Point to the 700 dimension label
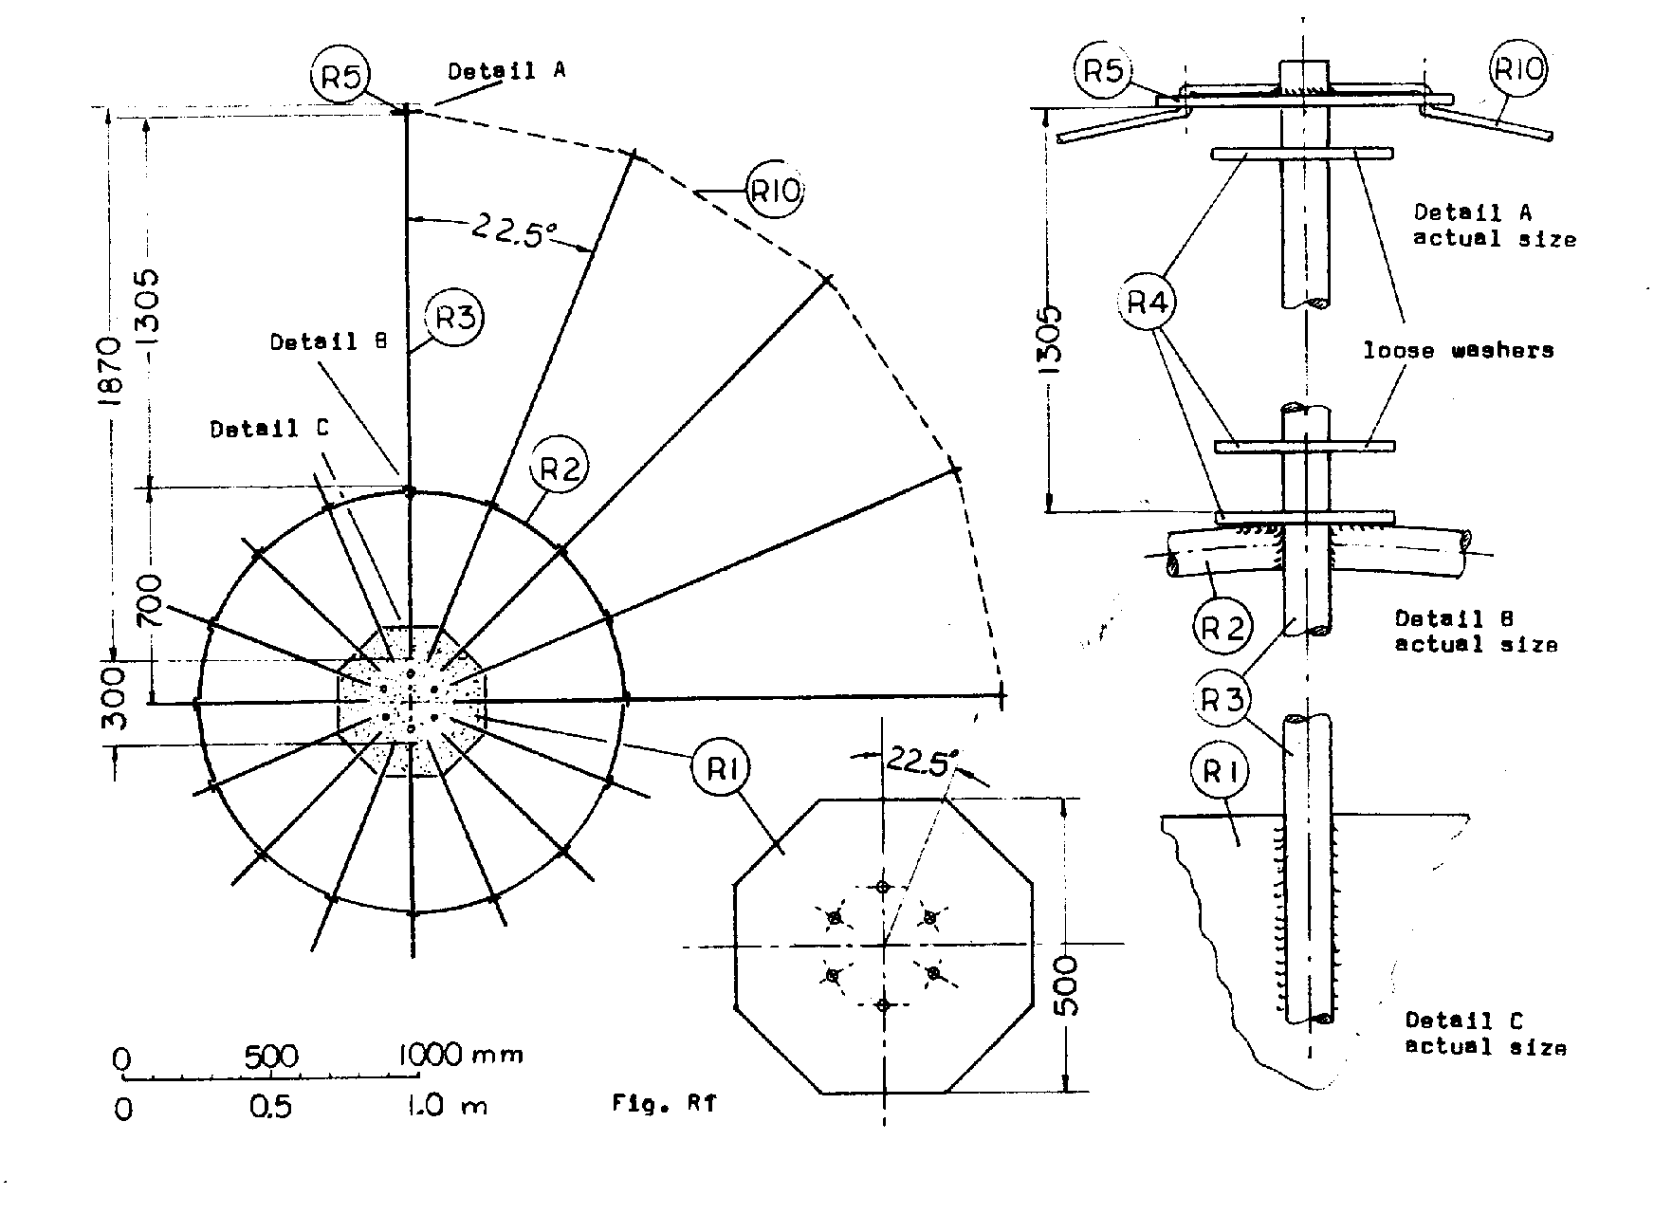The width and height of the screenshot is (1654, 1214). pyautogui.click(x=152, y=602)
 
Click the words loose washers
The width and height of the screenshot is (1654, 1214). pyautogui.click(x=1459, y=351)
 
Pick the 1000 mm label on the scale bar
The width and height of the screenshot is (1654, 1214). pyautogui.click(x=459, y=1055)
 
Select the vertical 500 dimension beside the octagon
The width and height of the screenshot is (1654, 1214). pyautogui.click(x=1067, y=986)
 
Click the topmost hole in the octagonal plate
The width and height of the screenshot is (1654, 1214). pyautogui.click(x=883, y=888)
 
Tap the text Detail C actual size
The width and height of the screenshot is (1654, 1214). pyautogui.click(x=1485, y=1034)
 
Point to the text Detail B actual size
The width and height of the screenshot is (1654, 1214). pyautogui.click(x=1476, y=632)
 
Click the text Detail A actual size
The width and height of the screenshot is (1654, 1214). pyautogui.click(x=1495, y=226)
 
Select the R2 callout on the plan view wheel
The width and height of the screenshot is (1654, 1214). pyautogui.click(x=560, y=468)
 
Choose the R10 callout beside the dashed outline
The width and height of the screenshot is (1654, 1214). pyautogui.click(x=775, y=193)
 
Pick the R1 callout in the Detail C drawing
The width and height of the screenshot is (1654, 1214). pyautogui.click(x=1221, y=772)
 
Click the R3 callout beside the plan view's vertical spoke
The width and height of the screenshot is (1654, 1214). pyautogui.click(x=453, y=318)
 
